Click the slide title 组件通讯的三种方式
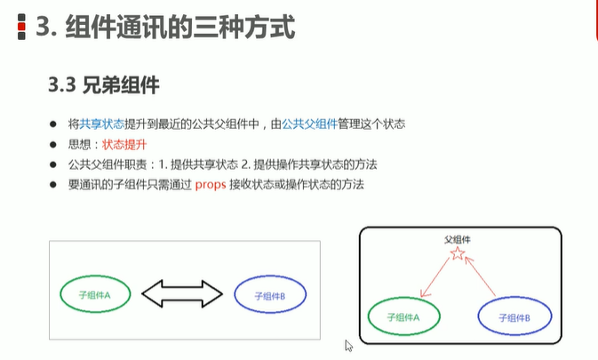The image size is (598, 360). point(165,28)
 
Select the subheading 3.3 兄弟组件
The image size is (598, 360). point(104,85)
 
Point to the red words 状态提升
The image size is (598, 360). point(124,144)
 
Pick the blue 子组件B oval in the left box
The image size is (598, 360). point(269,294)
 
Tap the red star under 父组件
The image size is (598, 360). point(457,255)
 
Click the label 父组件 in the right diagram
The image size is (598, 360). point(457,240)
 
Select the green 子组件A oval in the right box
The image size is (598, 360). point(403,316)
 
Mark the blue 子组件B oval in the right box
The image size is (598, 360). point(514,316)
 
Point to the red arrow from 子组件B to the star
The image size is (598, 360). point(482,277)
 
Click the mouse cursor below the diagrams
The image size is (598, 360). point(349,346)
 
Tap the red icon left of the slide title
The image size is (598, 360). point(21,29)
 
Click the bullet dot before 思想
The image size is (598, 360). point(54,144)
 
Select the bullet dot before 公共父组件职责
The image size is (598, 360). point(54,164)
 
